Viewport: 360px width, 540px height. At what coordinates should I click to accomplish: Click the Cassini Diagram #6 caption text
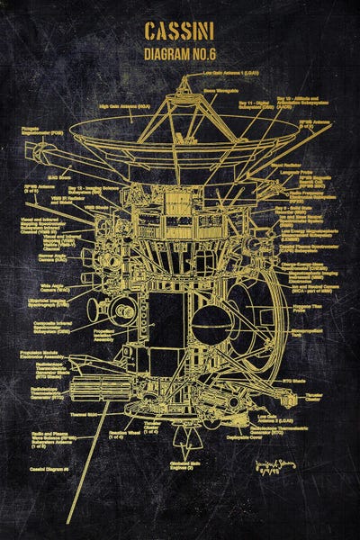click(x=49, y=470)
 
